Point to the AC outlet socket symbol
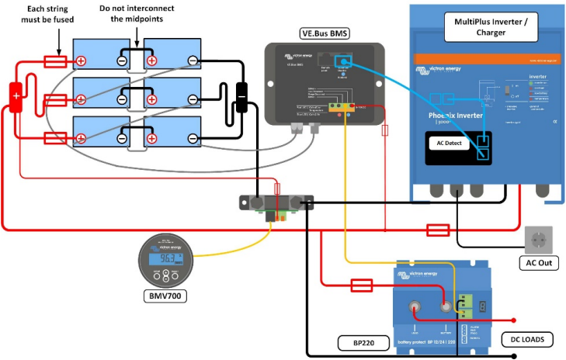[x=539, y=239]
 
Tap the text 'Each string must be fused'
[x=49, y=14]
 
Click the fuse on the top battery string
[x=55, y=60]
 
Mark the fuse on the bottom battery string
[x=55, y=138]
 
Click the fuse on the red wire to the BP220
[x=362, y=286]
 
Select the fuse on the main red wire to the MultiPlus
[x=437, y=230]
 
